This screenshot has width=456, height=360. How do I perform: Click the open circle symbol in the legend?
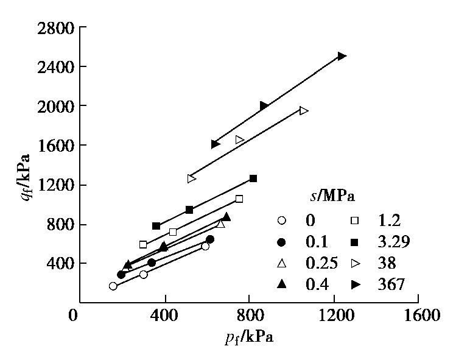point(281,220)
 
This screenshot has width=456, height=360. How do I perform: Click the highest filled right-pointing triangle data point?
point(342,56)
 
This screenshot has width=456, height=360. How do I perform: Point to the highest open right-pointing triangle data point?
point(304,111)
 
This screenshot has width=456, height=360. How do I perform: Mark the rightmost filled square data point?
point(253,178)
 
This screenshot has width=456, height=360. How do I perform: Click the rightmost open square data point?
point(239,199)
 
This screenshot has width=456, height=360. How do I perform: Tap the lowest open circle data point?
point(113,286)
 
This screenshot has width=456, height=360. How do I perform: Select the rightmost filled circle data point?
point(210,239)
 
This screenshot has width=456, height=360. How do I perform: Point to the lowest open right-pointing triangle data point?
point(192,178)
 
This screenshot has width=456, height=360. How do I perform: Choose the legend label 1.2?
point(390,220)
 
